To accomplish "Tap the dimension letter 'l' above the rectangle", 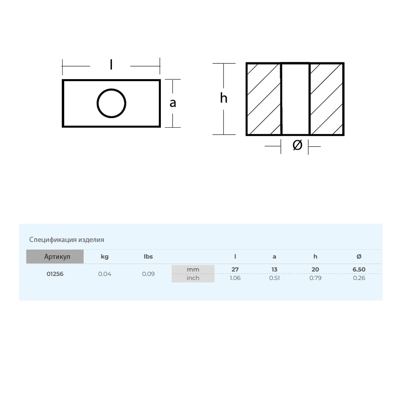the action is (x=111, y=64).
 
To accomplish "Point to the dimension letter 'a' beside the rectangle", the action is (x=173, y=103).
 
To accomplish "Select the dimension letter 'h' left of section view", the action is (x=224, y=98).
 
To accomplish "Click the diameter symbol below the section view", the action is (x=297, y=145).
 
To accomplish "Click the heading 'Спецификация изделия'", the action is (x=67, y=240).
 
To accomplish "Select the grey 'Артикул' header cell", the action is (x=55, y=257).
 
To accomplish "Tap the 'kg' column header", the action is (x=105, y=257).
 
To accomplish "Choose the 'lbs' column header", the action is (x=148, y=257).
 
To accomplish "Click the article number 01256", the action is (x=55, y=274).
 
